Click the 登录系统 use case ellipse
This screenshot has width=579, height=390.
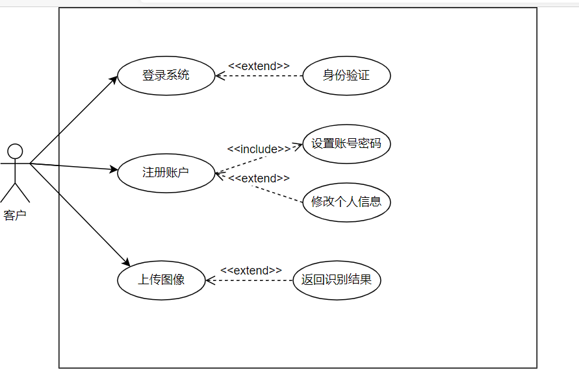pyautogui.click(x=166, y=75)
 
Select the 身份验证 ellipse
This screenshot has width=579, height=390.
pyautogui.click(x=346, y=75)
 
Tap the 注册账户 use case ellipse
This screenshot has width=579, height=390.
pyautogui.click(x=166, y=173)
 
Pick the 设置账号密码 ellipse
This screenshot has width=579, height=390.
pyautogui.click(x=346, y=144)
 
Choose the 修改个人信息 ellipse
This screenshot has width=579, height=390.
pyautogui.click(x=346, y=202)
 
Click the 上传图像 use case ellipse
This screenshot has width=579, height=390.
pyautogui.click(x=161, y=280)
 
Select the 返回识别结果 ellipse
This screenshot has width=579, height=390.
pyautogui.click(x=337, y=280)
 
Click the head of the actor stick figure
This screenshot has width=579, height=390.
pyautogui.click(x=15, y=151)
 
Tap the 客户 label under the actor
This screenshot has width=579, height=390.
pyautogui.click(x=15, y=215)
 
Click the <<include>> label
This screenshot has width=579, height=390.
pyautogui.click(x=259, y=149)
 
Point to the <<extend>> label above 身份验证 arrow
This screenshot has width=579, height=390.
pyautogui.click(x=259, y=66)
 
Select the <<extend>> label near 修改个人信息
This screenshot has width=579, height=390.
pyautogui.click(x=259, y=178)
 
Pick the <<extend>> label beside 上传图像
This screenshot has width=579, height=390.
pyautogui.click(x=251, y=270)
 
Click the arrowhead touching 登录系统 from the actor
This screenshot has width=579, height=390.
pyautogui.click(x=114, y=78)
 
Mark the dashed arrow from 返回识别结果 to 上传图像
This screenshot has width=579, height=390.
pyautogui.click(x=253, y=280)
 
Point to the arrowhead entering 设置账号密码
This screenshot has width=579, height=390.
pyautogui.click(x=298, y=146)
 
